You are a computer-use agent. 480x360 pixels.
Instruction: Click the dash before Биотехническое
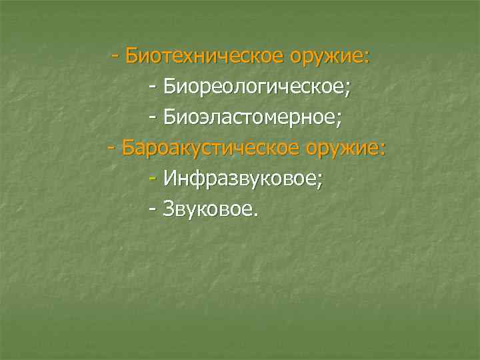(x=116, y=55)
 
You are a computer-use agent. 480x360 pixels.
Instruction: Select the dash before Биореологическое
(x=154, y=87)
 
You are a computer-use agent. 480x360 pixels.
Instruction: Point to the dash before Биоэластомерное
(x=154, y=117)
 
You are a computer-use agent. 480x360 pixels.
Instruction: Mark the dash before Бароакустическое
(x=112, y=148)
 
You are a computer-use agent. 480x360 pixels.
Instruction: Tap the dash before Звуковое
(x=154, y=210)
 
